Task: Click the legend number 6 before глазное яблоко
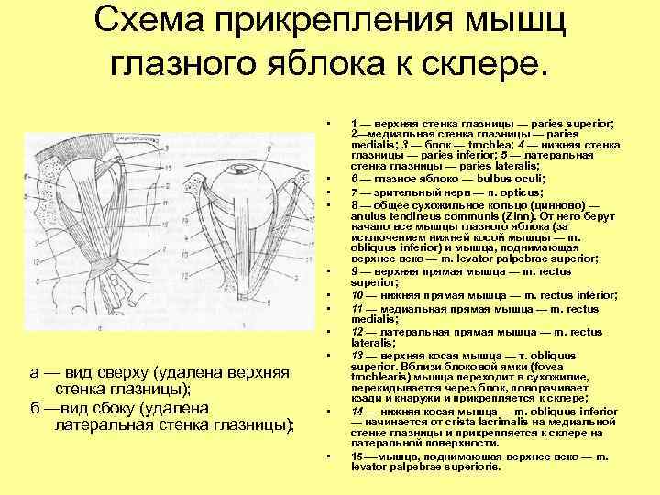354,179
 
